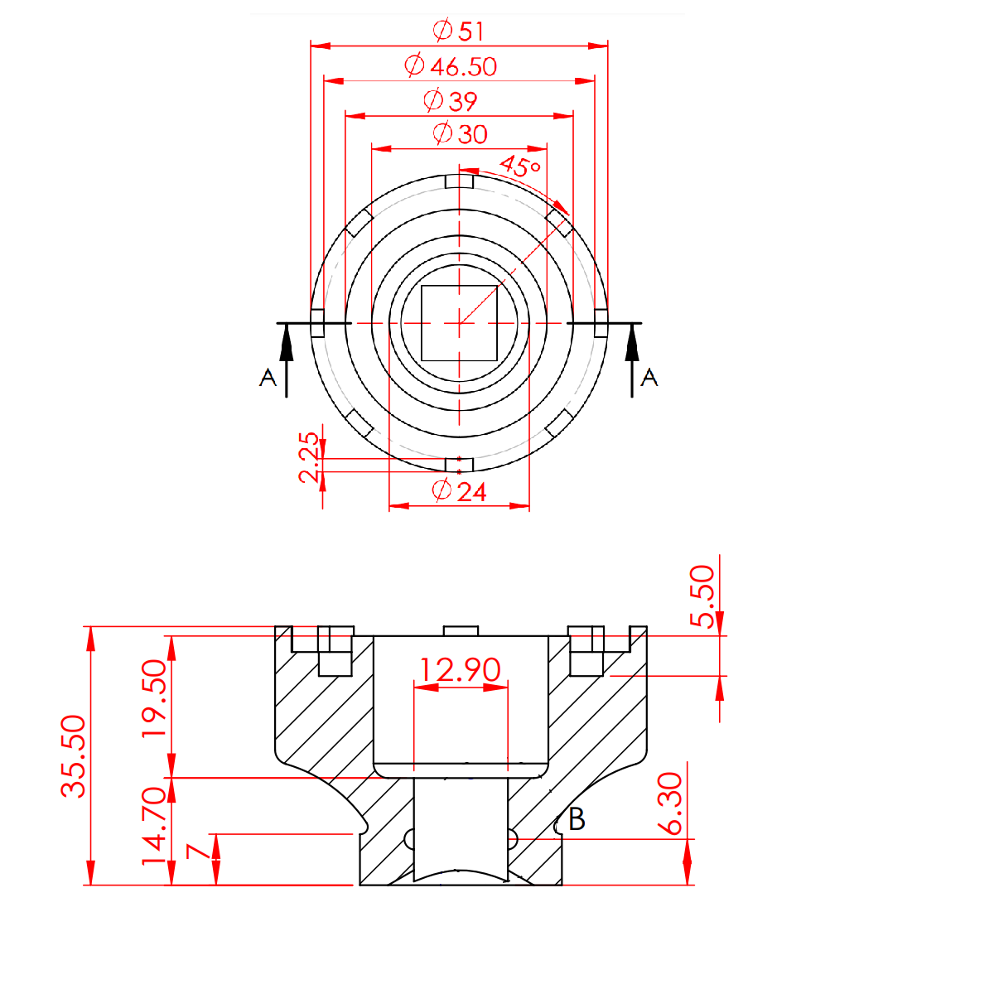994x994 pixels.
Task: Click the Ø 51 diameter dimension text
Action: point(458,31)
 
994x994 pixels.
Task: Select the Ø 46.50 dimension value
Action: point(451,65)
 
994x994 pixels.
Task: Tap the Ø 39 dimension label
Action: point(450,100)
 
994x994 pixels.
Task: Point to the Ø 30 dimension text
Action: point(460,133)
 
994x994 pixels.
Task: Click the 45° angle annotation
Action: point(520,166)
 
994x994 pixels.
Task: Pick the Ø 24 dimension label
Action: point(459,490)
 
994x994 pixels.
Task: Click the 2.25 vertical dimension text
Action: point(309,457)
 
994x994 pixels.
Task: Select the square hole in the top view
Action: point(459,323)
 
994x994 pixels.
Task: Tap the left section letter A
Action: point(268,378)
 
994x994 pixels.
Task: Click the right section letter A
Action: point(649,378)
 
